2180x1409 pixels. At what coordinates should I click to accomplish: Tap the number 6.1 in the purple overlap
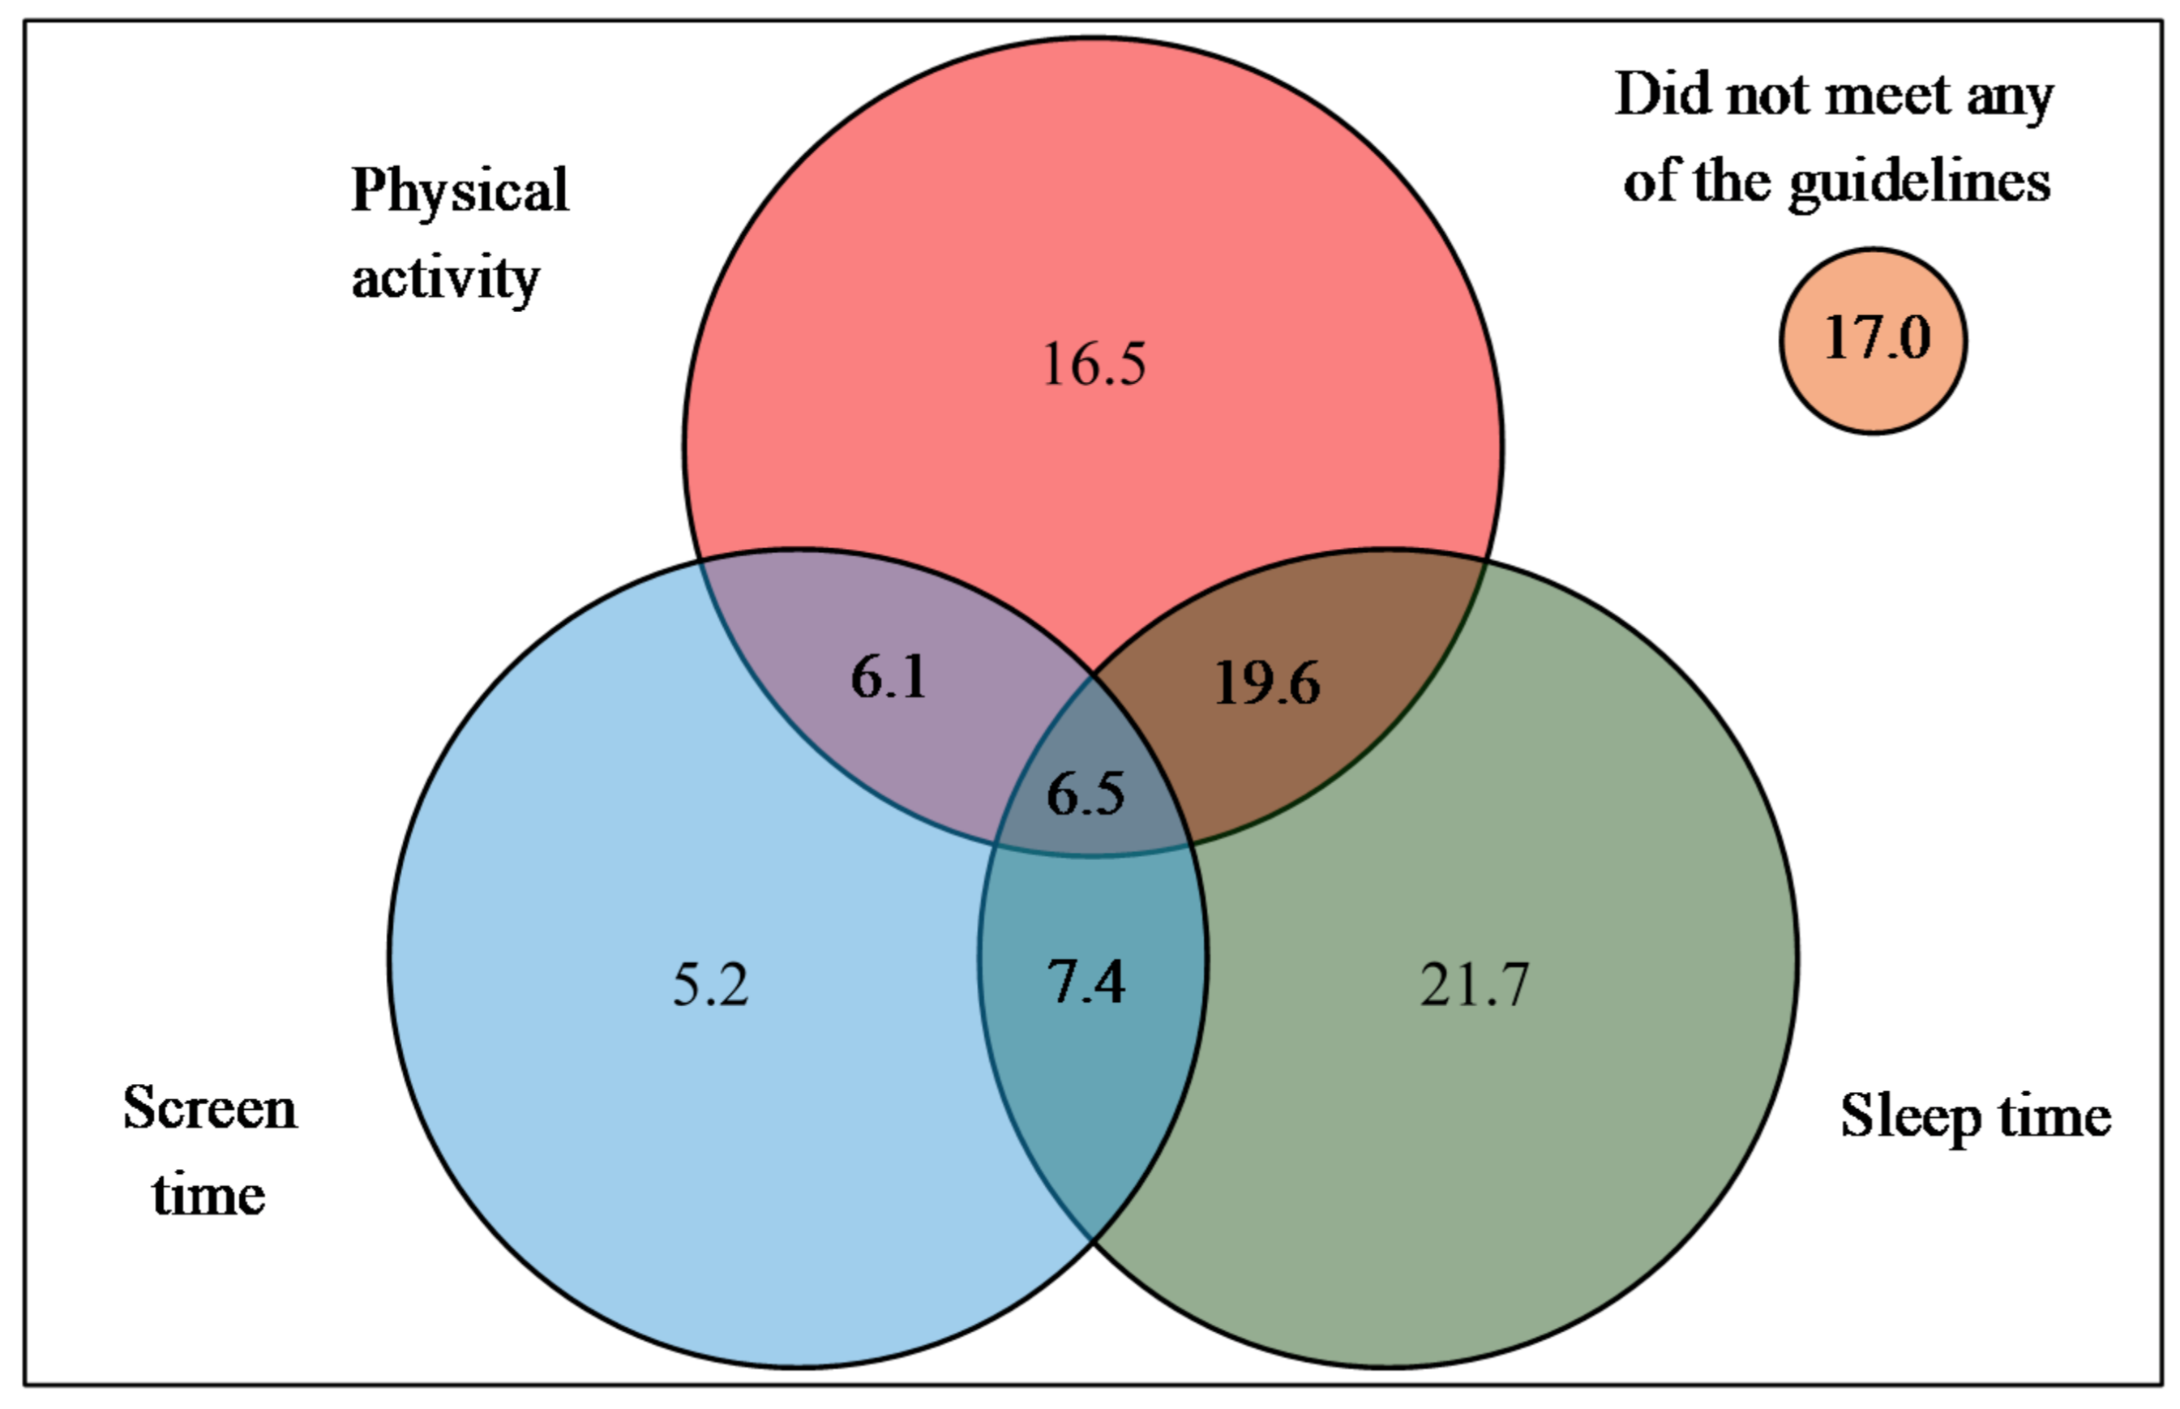tap(889, 678)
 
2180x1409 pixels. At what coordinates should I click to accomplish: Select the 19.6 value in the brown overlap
tap(1267, 683)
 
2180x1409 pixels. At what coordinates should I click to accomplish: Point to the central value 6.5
tap(1086, 793)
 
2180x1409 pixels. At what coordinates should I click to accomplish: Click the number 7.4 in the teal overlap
tap(1086, 983)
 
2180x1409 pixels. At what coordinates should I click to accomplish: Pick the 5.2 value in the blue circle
tap(711, 985)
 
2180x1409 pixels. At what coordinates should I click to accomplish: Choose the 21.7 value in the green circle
tap(1474, 985)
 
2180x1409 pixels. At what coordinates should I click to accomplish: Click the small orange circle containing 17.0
tap(1874, 340)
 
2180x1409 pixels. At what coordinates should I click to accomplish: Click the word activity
tap(446, 277)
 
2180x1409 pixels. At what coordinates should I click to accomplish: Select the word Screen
tap(209, 1109)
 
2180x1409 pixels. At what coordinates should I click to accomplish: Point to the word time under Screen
tap(208, 1195)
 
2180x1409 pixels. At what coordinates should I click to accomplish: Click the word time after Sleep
tap(2054, 1117)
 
